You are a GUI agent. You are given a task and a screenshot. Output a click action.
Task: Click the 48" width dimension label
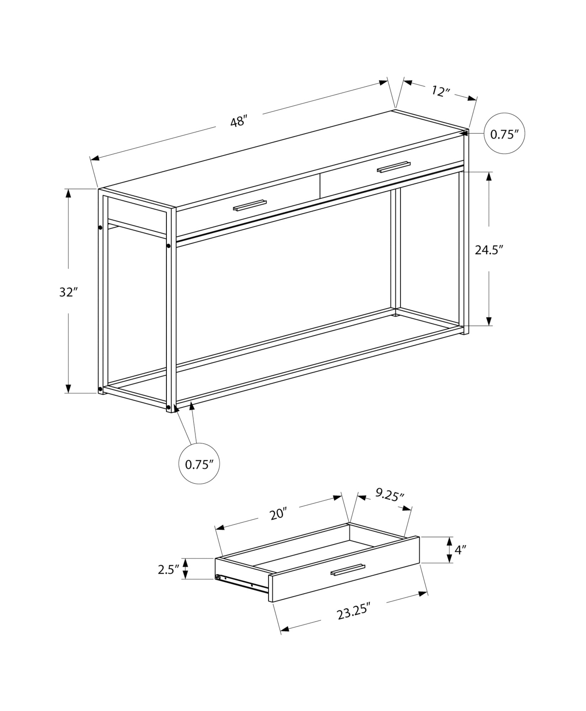click(238, 122)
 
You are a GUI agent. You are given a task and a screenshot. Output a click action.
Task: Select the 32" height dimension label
click(68, 292)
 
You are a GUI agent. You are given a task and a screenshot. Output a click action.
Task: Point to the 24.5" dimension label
click(489, 250)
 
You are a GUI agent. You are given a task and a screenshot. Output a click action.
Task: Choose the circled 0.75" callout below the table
click(199, 464)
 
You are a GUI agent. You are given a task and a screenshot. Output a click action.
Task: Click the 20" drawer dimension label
click(278, 514)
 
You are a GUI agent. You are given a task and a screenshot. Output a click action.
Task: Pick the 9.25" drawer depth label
click(390, 495)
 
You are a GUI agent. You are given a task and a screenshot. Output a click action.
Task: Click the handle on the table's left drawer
click(250, 206)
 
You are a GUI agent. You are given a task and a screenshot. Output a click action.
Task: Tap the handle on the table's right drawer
click(394, 167)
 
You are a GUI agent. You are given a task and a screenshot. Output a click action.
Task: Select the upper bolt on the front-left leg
click(168, 246)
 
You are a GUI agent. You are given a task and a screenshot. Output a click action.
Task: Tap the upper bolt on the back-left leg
click(100, 228)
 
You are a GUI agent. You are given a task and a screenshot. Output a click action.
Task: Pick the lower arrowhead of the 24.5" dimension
click(489, 321)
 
